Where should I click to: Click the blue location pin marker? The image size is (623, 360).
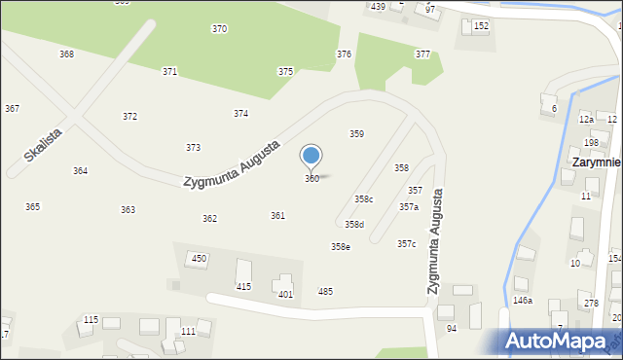click(x=311, y=156)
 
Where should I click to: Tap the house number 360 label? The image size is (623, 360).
click(x=311, y=179)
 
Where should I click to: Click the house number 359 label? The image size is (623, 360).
click(x=357, y=134)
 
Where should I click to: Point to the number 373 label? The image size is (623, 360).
click(x=194, y=148)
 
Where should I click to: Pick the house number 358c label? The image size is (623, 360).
click(x=363, y=199)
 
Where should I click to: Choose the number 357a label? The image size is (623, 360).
click(x=409, y=207)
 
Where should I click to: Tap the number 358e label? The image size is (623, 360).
click(x=340, y=247)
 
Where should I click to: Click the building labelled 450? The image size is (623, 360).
click(x=199, y=259)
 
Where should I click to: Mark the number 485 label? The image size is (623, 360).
click(x=325, y=292)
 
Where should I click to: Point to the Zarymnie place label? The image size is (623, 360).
click(x=597, y=162)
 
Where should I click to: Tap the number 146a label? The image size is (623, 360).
click(x=523, y=302)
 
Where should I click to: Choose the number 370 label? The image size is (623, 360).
click(x=220, y=29)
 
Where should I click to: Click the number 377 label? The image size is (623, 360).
click(x=422, y=54)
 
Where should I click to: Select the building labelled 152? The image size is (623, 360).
click(x=480, y=26)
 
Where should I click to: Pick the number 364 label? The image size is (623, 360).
click(x=81, y=171)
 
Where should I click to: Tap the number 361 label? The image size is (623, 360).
click(x=277, y=216)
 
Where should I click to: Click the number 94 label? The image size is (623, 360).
click(x=452, y=329)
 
